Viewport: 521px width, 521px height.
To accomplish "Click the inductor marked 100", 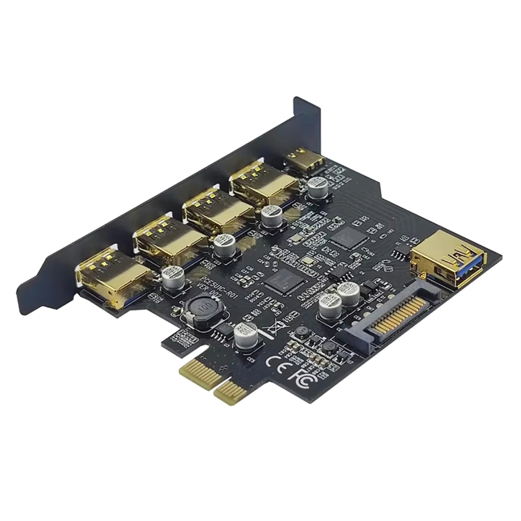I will [x=202, y=311].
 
